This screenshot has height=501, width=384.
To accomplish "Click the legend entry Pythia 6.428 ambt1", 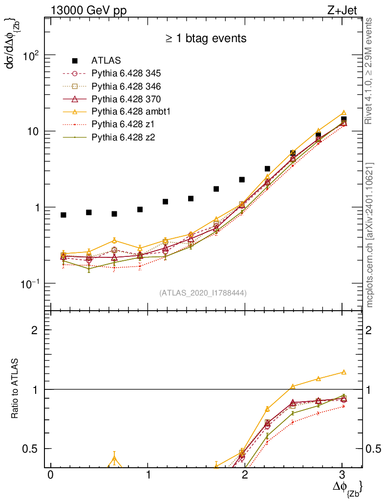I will [x=127, y=112].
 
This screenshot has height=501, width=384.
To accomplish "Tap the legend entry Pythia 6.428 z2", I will [x=122, y=137].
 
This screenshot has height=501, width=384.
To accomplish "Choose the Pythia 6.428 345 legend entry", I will [x=126, y=73].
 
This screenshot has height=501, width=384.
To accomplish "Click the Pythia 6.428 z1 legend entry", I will [x=122, y=125].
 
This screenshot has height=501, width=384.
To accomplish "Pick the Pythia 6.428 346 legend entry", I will [x=126, y=86].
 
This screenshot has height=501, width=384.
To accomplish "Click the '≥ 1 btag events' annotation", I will [x=205, y=38].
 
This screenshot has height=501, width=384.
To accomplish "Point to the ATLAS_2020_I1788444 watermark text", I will [x=203, y=293].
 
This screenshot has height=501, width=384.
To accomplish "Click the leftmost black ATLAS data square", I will [x=64, y=215].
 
